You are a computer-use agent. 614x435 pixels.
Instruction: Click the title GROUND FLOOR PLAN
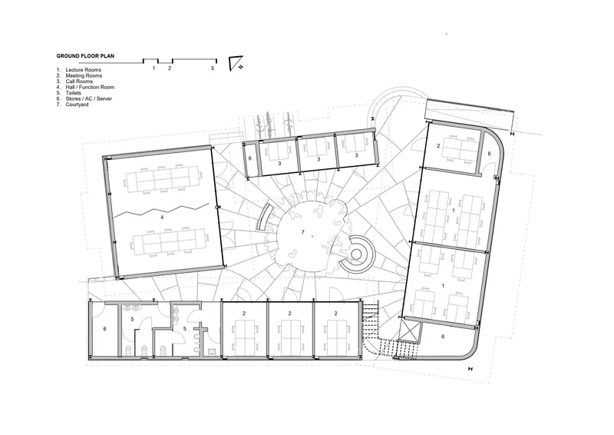(85, 56)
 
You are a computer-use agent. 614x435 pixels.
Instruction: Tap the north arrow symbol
(235, 63)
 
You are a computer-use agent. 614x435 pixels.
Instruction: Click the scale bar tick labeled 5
(213, 68)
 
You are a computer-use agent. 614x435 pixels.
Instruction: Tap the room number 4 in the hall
(162, 217)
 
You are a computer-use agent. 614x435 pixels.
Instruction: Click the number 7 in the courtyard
(302, 232)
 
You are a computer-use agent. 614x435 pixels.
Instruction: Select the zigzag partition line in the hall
(161, 211)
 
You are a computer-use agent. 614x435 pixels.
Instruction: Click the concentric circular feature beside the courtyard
(356, 254)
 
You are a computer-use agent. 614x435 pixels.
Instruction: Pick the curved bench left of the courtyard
(263, 217)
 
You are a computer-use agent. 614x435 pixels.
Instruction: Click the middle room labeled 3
(319, 159)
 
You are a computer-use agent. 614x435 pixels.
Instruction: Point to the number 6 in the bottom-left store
(104, 329)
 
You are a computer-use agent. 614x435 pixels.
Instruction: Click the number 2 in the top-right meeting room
(438, 146)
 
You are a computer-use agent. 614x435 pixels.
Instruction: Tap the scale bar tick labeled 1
(154, 68)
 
